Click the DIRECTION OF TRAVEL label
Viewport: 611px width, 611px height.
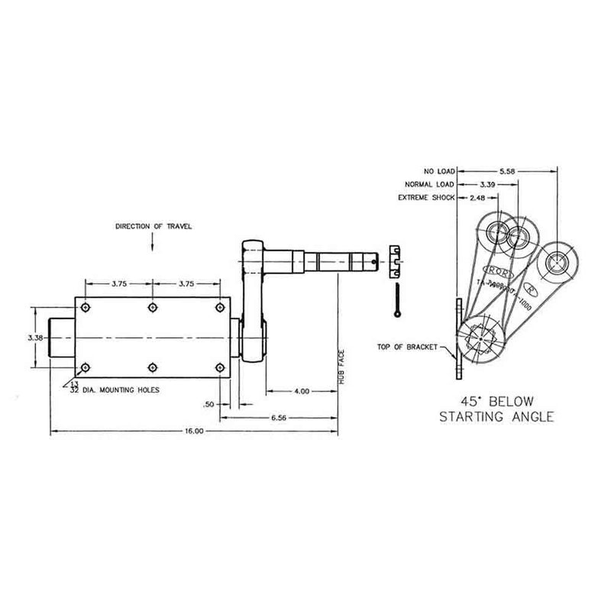click(x=153, y=227)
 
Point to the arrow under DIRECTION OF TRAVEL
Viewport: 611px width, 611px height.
click(x=153, y=243)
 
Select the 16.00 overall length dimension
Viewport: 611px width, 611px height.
click(x=194, y=432)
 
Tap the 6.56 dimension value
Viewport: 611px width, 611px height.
click(x=279, y=418)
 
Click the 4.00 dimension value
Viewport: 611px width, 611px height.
click(x=301, y=392)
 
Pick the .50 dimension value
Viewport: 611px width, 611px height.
click(x=208, y=404)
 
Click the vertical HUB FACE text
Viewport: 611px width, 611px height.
click(x=344, y=367)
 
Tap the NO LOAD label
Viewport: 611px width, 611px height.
click(x=438, y=171)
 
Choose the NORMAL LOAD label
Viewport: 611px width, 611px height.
click(x=428, y=184)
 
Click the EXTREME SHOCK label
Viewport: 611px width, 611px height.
click(x=426, y=198)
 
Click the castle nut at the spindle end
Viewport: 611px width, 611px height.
click(x=395, y=259)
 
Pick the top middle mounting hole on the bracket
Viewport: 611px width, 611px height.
click(x=153, y=307)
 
